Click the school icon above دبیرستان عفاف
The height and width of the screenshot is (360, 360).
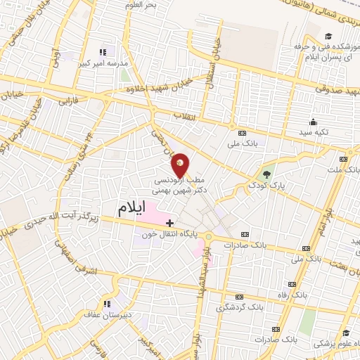coord(108,304)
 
